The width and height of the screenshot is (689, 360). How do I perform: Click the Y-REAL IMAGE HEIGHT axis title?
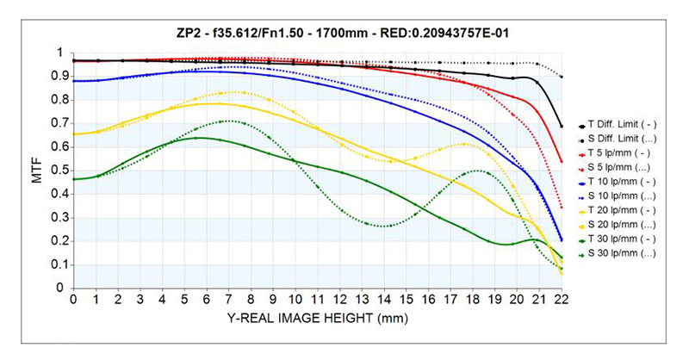click(317, 318)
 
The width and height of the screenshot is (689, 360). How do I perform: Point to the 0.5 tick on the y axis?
click(59, 171)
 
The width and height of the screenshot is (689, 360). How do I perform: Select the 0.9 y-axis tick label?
click(59, 77)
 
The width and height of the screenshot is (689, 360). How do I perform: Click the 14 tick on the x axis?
click(384, 299)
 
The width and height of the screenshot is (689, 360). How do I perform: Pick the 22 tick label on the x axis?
click(562, 299)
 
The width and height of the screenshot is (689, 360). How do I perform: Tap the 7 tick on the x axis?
click(228, 299)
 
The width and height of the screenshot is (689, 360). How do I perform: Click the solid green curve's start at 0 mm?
click(74, 179)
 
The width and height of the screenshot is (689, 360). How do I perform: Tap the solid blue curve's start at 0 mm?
click(74, 81)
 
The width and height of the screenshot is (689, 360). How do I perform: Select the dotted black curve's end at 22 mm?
click(562, 78)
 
